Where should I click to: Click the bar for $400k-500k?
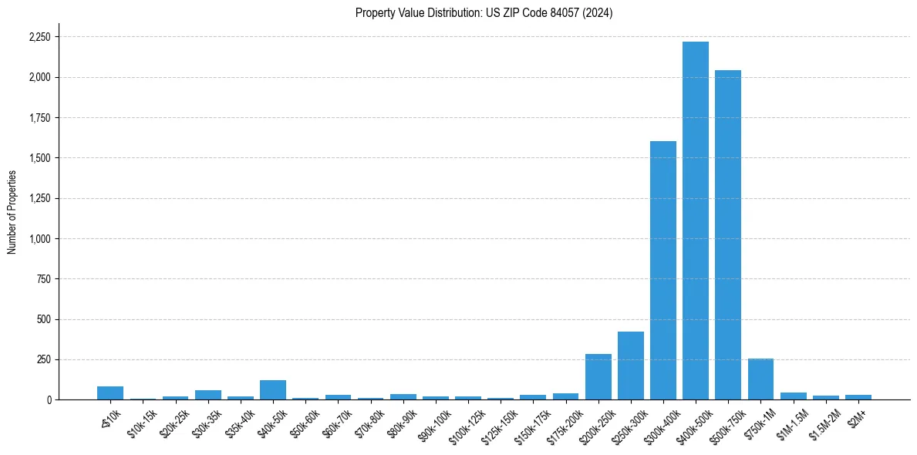695,221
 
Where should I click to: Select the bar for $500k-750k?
727,235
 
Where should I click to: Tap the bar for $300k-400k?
662,271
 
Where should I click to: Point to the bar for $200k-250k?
598,377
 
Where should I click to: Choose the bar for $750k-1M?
760,379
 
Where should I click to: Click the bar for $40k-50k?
273,390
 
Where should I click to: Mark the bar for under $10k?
110,393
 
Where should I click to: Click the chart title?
484,13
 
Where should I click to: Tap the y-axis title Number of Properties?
12,211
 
